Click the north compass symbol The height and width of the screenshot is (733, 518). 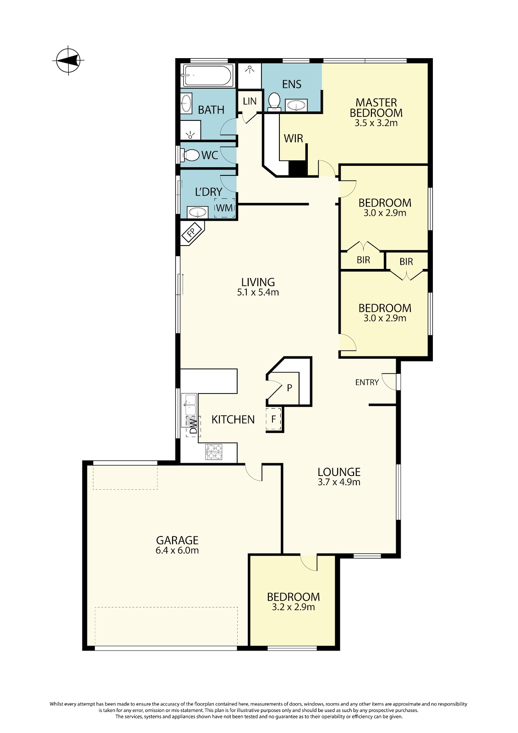pos(68,60)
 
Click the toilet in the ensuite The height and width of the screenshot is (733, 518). pos(274,101)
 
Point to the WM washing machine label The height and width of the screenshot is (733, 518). pos(224,208)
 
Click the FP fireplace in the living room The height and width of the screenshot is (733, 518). pos(192,233)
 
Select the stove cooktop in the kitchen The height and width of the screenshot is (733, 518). pos(214,452)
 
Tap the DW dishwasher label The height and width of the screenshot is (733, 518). pos(194,426)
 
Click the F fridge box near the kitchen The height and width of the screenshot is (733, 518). pos(273,419)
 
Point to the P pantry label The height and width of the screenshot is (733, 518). pos(289,388)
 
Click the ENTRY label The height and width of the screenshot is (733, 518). pos(367,382)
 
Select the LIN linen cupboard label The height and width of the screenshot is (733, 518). pos(250,101)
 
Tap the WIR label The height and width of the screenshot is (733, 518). pos(294,139)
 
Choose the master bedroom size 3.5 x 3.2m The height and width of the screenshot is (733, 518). pos(376,123)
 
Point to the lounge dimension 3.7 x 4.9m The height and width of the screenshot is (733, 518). pos(339,481)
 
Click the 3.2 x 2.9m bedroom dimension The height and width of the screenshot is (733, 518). pos(293,607)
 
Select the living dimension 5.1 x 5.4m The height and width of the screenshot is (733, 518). pos(258,292)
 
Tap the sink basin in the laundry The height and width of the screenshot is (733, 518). pos(198,213)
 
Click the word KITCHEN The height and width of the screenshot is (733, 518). pos(233,420)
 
